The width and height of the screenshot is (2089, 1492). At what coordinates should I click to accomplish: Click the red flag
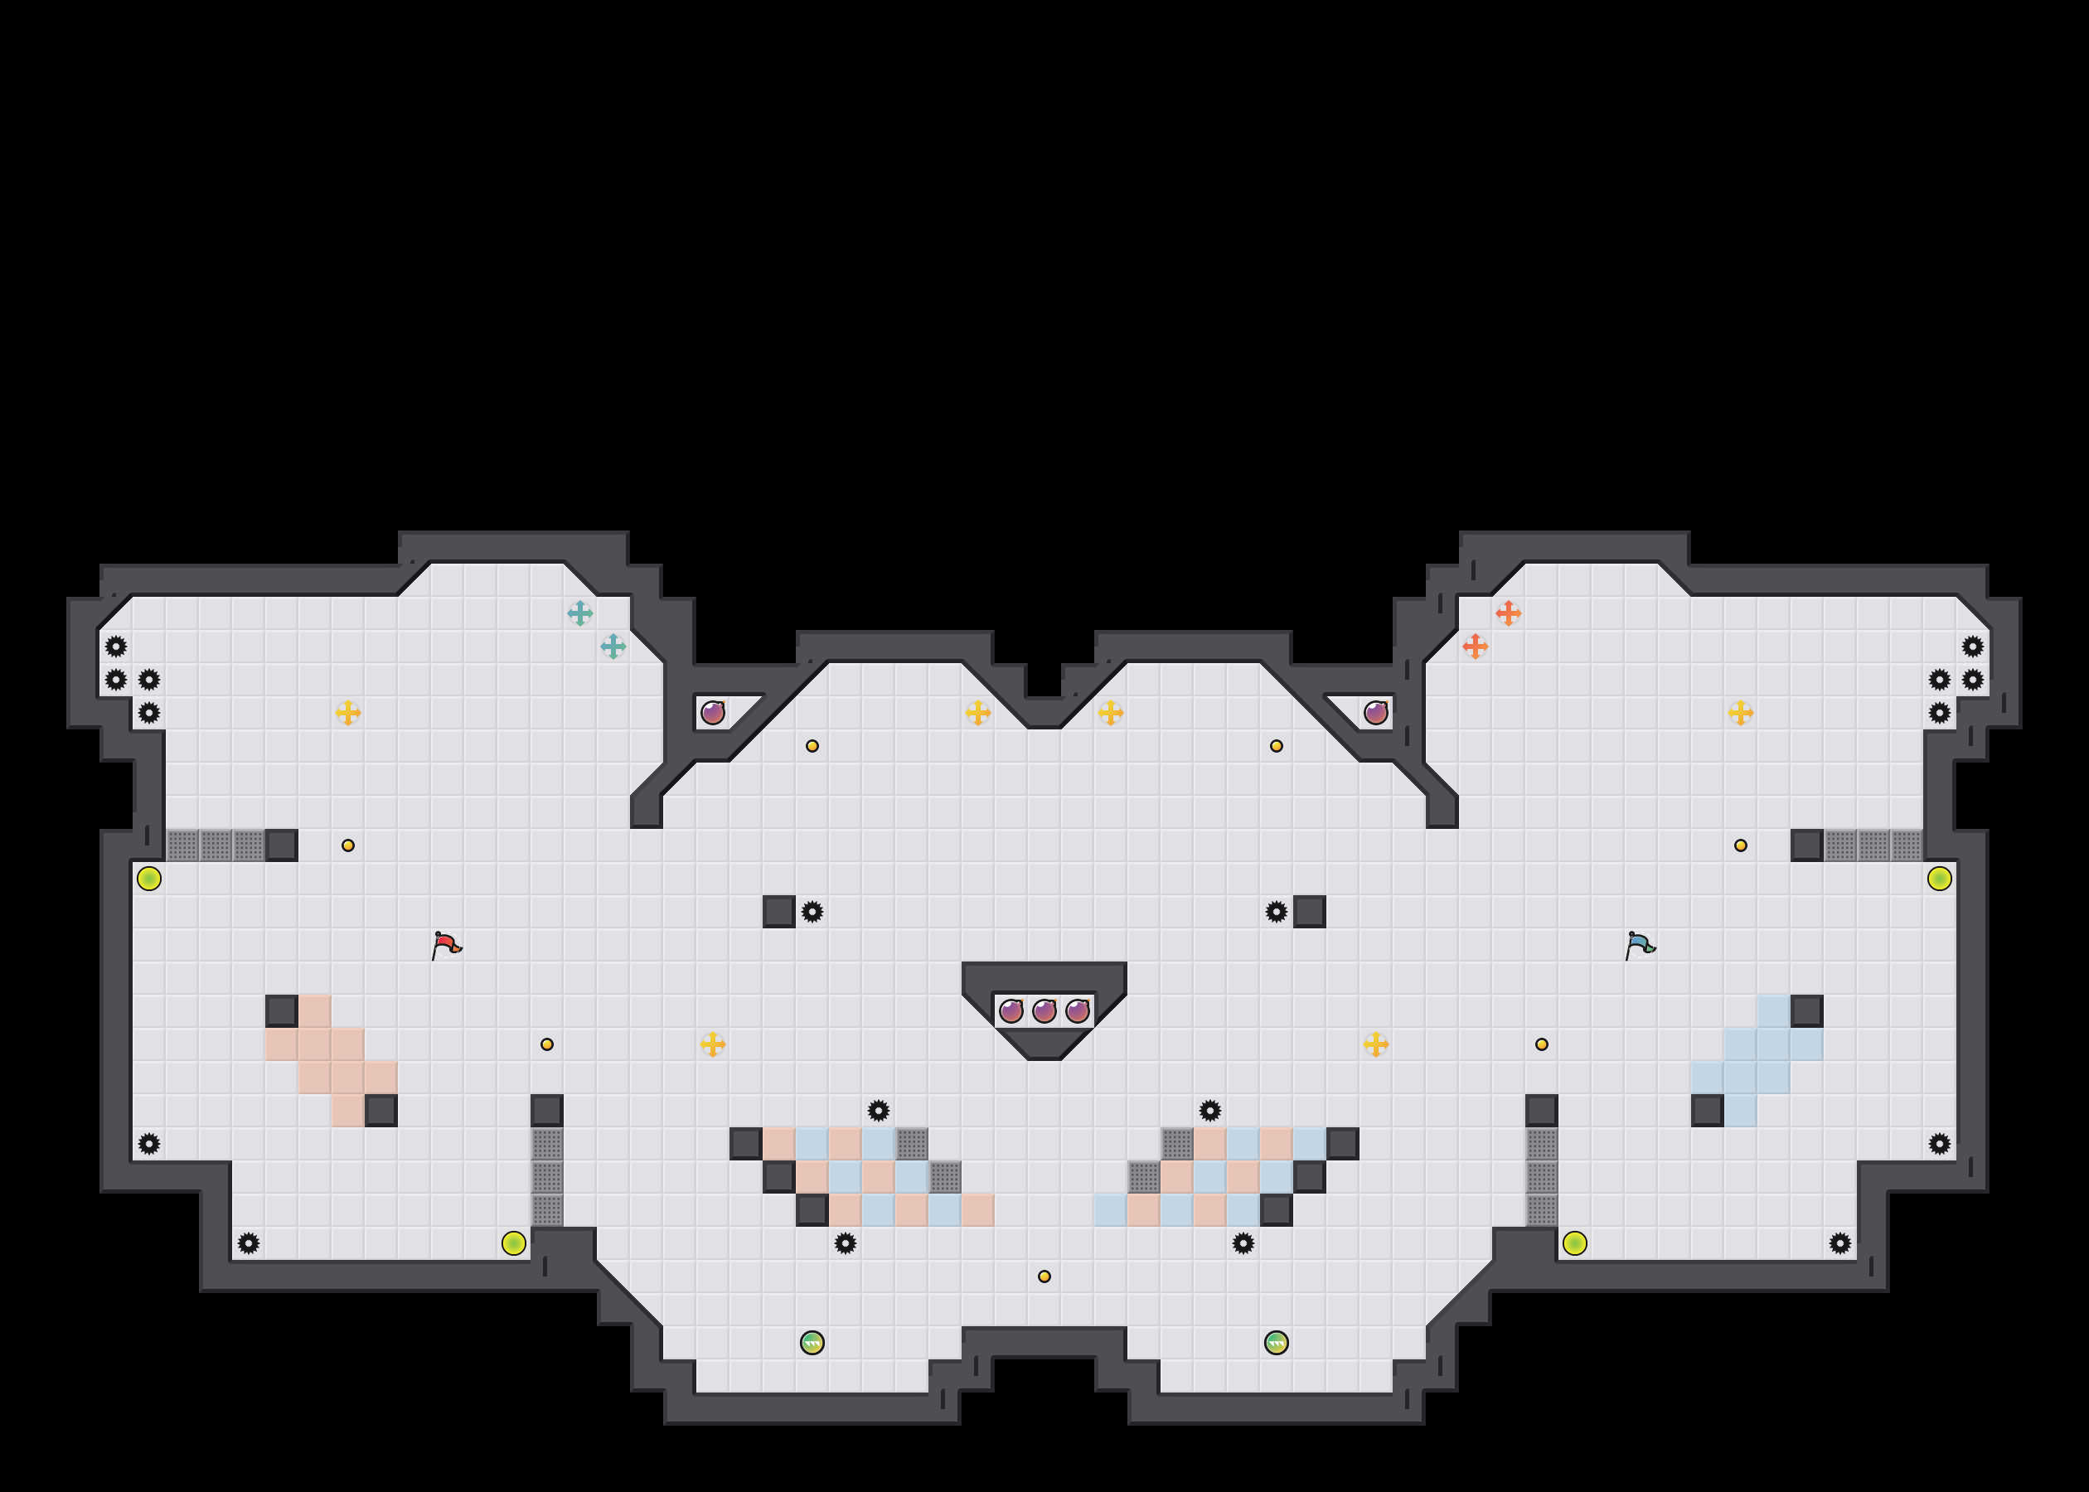(x=447, y=944)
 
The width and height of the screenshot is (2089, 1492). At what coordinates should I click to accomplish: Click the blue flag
(x=1640, y=944)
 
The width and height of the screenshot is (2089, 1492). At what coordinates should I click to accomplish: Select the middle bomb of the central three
(x=1044, y=1011)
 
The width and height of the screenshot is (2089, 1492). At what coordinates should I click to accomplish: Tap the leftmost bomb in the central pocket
(x=1011, y=1011)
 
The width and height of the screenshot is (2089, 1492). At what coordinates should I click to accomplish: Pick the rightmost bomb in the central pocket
(x=1078, y=1011)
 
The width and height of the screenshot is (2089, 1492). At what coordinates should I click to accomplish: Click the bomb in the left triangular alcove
(x=713, y=712)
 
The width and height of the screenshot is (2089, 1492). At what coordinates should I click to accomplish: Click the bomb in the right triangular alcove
(x=1375, y=712)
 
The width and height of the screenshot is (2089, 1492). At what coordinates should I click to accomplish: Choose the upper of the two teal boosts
(x=579, y=613)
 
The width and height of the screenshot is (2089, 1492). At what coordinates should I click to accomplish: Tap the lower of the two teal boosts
(x=613, y=646)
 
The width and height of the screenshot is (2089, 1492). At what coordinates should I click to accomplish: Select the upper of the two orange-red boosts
(x=1509, y=613)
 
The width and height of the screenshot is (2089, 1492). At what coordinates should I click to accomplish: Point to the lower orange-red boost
(x=1476, y=646)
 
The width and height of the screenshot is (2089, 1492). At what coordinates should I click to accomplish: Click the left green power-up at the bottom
(x=812, y=1343)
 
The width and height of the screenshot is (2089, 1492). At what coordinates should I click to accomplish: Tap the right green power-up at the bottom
(x=1276, y=1343)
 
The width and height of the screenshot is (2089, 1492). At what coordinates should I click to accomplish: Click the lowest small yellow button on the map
(x=1044, y=1276)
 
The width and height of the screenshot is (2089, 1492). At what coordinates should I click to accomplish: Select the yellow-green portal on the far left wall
(x=149, y=879)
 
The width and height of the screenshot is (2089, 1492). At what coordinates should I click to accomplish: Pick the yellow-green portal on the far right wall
(x=1939, y=879)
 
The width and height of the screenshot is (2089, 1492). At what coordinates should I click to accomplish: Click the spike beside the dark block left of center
(x=812, y=912)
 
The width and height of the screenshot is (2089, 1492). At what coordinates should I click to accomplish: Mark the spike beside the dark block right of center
(x=1276, y=912)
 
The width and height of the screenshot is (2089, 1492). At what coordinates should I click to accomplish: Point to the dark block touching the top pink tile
(x=281, y=1010)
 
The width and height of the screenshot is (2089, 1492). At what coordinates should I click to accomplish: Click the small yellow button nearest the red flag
(x=348, y=845)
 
